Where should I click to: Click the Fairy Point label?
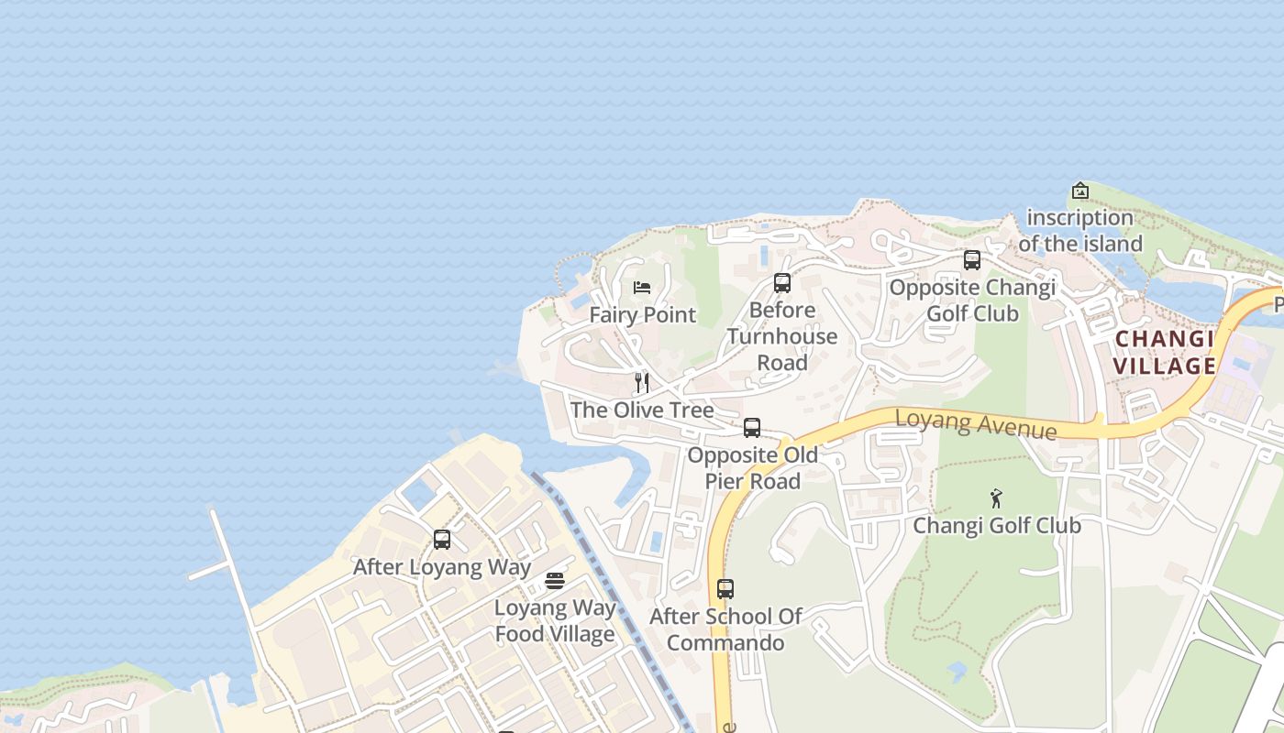click(642, 314)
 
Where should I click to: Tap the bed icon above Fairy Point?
click(642, 288)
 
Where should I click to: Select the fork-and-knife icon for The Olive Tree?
click(642, 383)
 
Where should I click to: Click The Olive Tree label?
click(642, 410)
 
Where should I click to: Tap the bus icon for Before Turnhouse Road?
click(782, 283)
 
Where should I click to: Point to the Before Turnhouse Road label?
click(782, 336)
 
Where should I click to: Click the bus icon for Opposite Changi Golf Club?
click(972, 260)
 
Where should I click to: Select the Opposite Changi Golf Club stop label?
click(972, 300)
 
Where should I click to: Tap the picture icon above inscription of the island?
click(1080, 191)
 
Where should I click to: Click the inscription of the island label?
click(1080, 230)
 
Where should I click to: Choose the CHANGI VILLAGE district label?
click(1165, 353)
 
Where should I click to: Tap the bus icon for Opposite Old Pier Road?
click(752, 428)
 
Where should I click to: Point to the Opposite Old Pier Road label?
click(753, 467)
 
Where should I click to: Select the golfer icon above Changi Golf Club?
click(997, 498)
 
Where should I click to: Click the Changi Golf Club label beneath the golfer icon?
click(997, 525)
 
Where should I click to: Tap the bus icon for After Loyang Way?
click(442, 540)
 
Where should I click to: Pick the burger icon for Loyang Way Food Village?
click(555, 581)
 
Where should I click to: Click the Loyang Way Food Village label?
click(555, 620)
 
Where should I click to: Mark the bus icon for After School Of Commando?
click(725, 589)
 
